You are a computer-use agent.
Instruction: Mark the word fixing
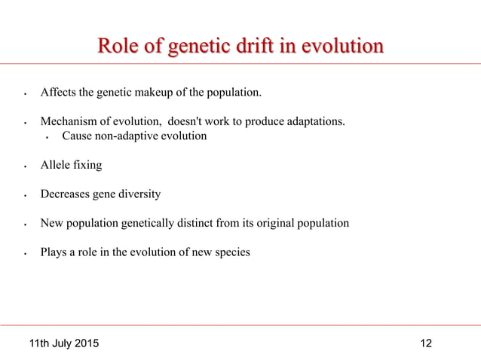click(87, 165)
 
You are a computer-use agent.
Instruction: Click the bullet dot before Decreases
click(26, 196)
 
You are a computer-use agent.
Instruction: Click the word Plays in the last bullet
click(54, 252)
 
